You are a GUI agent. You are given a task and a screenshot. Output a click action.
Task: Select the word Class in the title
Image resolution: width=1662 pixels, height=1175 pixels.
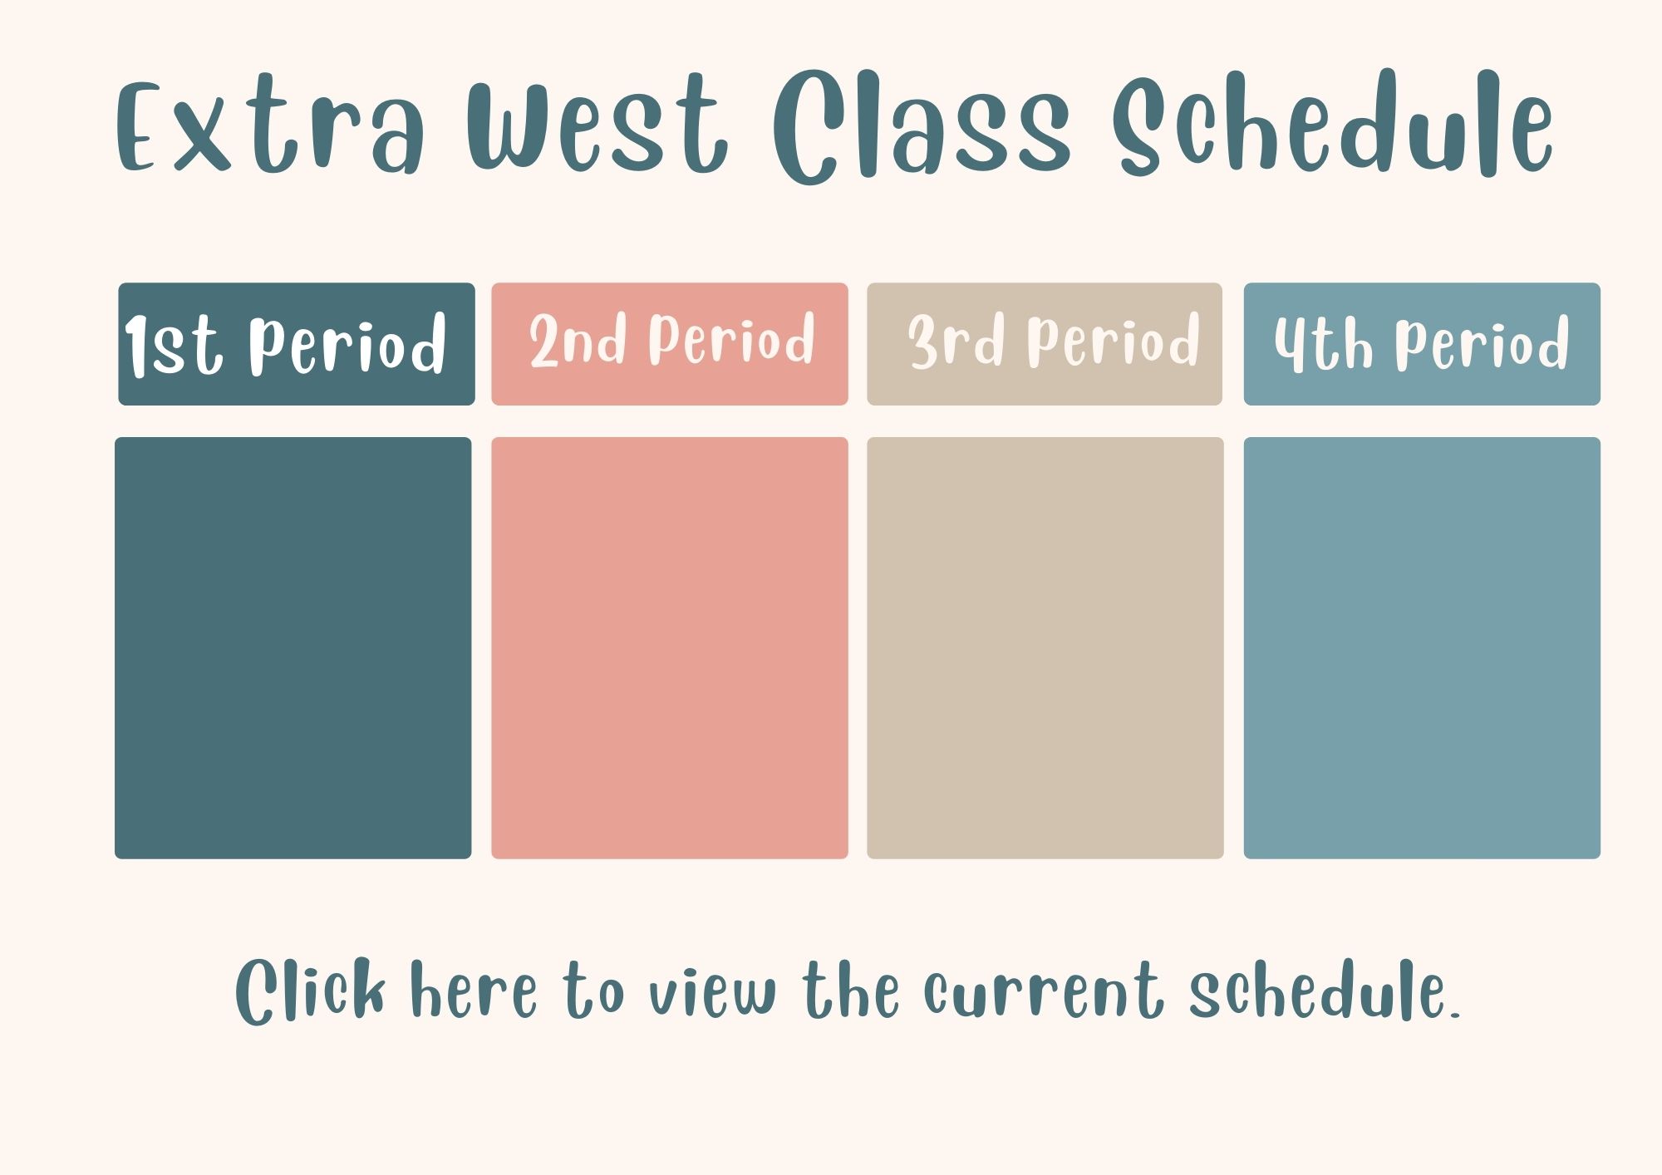tap(921, 125)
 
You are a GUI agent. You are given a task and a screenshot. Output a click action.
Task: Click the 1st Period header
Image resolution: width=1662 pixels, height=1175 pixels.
tap(297, 344)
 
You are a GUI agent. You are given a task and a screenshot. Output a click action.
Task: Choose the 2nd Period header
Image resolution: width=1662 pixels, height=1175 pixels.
tap(670, 344)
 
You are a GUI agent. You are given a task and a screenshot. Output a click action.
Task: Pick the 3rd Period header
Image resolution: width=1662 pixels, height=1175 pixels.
tap(1045, 344)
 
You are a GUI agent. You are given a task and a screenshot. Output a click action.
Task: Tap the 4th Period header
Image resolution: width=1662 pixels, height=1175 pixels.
tap(1422, 344)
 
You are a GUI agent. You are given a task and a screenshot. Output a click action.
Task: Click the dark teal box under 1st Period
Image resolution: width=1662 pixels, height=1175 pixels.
tap(293, 648)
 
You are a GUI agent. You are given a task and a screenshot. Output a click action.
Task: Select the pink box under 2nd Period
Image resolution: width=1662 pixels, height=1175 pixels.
tap(670, 648)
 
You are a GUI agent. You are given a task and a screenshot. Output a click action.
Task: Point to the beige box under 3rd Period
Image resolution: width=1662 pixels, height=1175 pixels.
tap(1045, 648)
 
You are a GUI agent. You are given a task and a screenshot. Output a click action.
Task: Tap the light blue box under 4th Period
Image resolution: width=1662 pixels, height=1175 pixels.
tap(1422, 648)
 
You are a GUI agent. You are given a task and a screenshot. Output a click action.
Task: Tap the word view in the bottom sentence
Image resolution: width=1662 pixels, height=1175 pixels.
tap(712, 992)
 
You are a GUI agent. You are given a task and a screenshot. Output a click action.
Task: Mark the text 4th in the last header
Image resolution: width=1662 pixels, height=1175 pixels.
tap(1323, 342)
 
